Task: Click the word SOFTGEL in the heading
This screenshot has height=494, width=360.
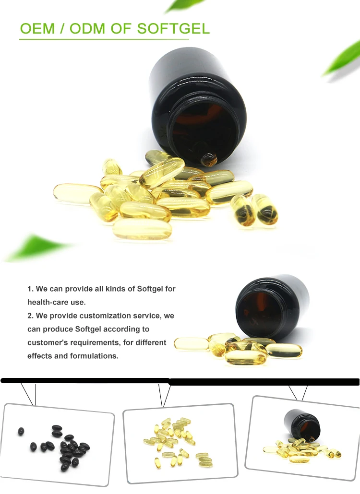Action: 173,29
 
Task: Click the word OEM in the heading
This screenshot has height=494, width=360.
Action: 37,29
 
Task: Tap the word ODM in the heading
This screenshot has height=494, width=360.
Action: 87,29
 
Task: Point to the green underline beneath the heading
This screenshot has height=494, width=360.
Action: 104,39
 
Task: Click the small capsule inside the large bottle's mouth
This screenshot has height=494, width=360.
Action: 209,159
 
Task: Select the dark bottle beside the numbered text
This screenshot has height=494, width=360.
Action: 271,306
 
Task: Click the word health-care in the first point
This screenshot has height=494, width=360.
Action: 48,302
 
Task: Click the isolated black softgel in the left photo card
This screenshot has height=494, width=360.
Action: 21,431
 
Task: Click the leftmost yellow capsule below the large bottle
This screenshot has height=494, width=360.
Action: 78,193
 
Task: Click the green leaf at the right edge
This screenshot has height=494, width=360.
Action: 344,60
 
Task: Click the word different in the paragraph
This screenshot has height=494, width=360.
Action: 151,342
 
